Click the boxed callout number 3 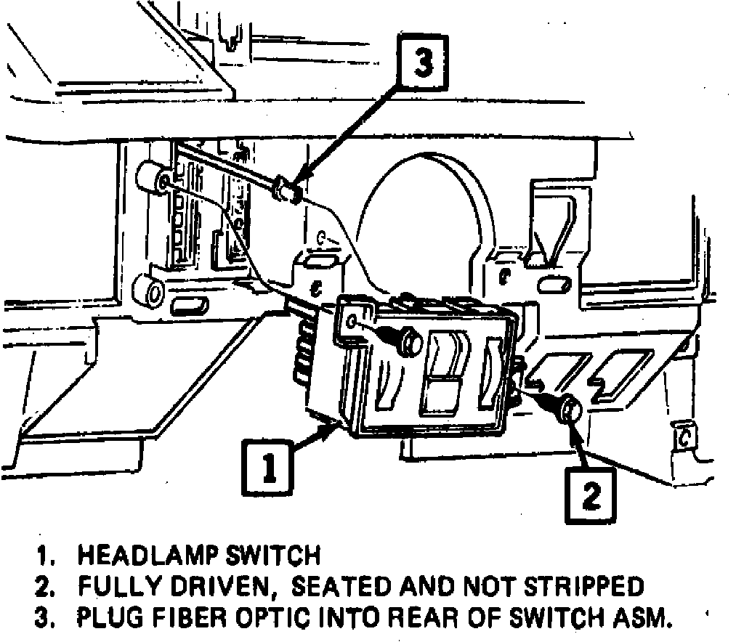(x=422, y=64)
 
